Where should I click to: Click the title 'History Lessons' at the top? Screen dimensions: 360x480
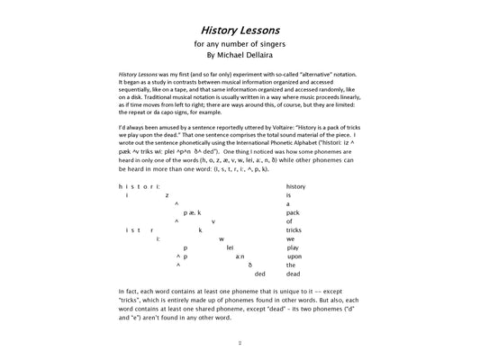click(x=240, y=28)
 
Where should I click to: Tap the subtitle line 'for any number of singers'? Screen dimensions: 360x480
click(x=240, y=43)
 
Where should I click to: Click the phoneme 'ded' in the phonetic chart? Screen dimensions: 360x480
click(x=260, y=274)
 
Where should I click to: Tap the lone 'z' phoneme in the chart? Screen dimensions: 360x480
click(x=167, y=195)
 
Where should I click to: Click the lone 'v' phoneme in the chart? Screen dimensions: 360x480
click(x=213, y=221)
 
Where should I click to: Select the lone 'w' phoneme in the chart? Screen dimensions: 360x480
click(x=221, y=238)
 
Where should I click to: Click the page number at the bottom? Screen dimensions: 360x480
click(x=240, y=343)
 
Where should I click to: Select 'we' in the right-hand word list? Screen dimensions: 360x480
click(x=290, y=238)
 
